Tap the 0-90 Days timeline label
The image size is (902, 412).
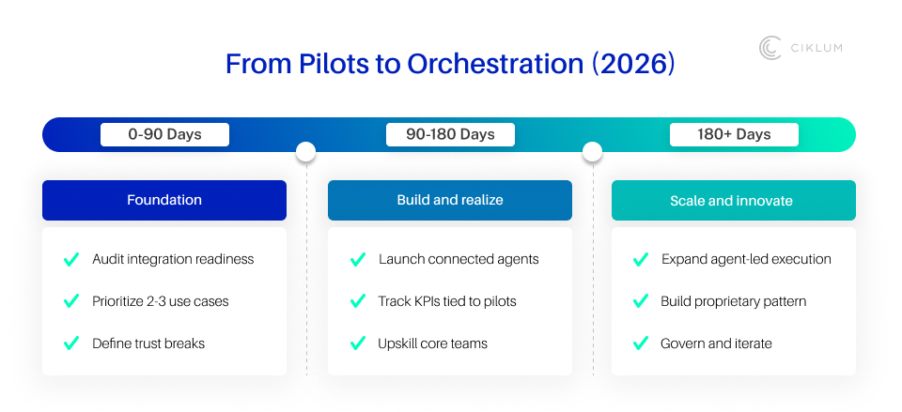coord(164,134)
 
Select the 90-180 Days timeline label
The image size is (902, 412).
coord(450,134)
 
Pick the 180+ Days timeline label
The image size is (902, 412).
coord(734,134)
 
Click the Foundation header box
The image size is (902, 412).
coord(164,200)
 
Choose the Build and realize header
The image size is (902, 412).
coord(450,200)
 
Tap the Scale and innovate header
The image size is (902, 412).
coord(733,200)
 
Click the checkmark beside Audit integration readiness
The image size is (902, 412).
coord(70,259)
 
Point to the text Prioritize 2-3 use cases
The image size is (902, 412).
coord(160,301)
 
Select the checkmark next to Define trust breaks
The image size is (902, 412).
coord(70,343)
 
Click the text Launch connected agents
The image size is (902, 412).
coord(459,259)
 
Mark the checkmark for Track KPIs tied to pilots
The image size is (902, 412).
coord(357,301)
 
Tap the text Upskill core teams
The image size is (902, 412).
coord(433,343)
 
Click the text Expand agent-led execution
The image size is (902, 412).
coord(746,259)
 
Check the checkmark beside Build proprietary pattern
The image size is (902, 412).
coord(641,301)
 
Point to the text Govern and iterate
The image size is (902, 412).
coord(716,343)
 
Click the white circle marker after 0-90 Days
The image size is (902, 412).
coord(305,151)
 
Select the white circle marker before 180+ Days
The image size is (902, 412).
coord(592,151)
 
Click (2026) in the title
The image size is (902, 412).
coord(632,64)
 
